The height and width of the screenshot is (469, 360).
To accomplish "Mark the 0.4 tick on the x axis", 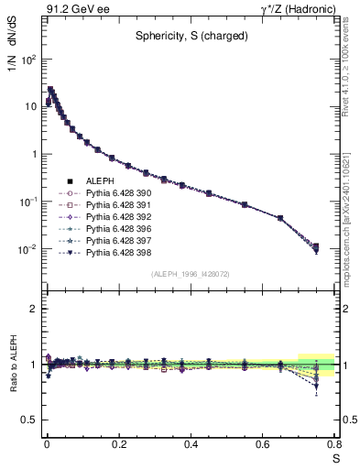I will [190, 444].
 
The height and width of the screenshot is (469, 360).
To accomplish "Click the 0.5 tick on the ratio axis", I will [30, 420].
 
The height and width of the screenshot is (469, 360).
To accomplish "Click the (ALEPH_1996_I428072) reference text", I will [191, 274].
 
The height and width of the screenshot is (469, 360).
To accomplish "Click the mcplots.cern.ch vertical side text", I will [352, 229].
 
